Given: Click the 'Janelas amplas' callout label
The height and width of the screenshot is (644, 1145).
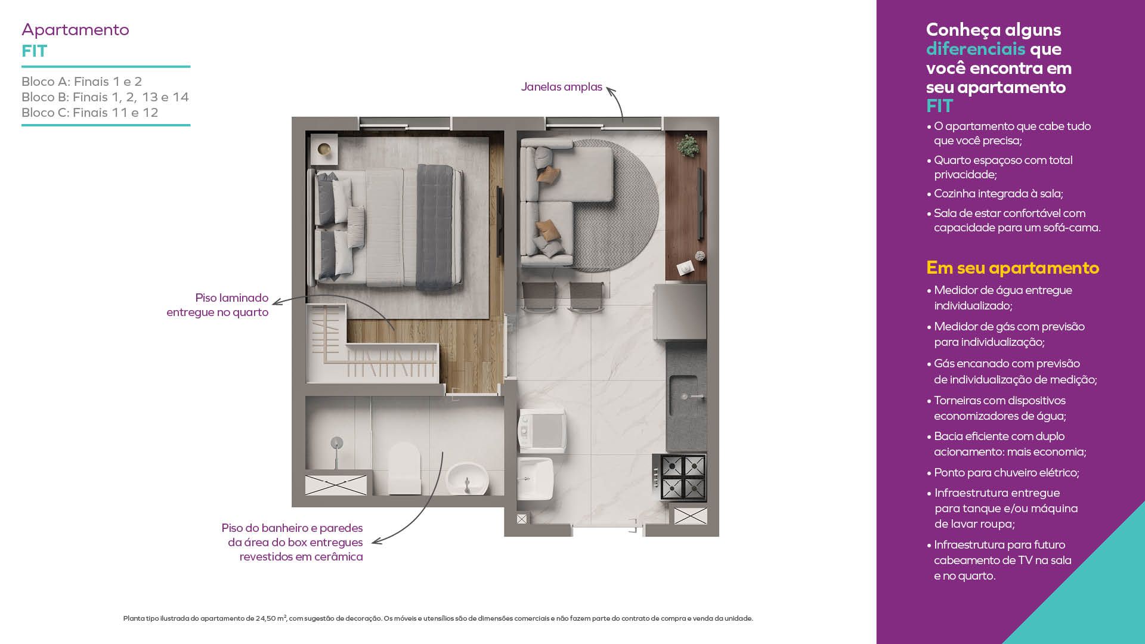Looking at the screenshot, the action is (x=561, y=87).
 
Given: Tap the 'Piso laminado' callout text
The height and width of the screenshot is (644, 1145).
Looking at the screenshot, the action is (x=231, y=298).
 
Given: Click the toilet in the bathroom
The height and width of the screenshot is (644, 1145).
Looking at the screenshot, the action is (x=404, y=468).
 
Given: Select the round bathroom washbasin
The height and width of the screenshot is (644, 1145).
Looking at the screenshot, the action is (x=467, y=478).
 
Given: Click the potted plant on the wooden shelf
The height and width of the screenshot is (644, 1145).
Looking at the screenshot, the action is (x=688, y=145).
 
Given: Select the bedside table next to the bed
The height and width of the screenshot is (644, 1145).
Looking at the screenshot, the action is (x=324, y=149).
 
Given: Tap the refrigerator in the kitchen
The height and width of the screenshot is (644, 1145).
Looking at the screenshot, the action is (x=680, y=312).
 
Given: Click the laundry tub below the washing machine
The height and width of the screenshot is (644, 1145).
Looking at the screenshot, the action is (x=535, y=478).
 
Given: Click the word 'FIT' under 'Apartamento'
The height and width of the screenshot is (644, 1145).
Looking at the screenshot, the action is (x=34, y=51).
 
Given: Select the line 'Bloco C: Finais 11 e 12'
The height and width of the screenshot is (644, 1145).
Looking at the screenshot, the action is (x=90, y=113).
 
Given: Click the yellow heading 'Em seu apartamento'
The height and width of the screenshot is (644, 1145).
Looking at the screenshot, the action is (x=1013, y=268).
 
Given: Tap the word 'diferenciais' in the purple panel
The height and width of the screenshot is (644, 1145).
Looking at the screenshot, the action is (x=976, y=49).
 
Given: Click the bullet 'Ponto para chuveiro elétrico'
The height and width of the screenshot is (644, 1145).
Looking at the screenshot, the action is (x=1007, y=473).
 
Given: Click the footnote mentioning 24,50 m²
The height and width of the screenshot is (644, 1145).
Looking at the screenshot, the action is (x=438, y=618).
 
